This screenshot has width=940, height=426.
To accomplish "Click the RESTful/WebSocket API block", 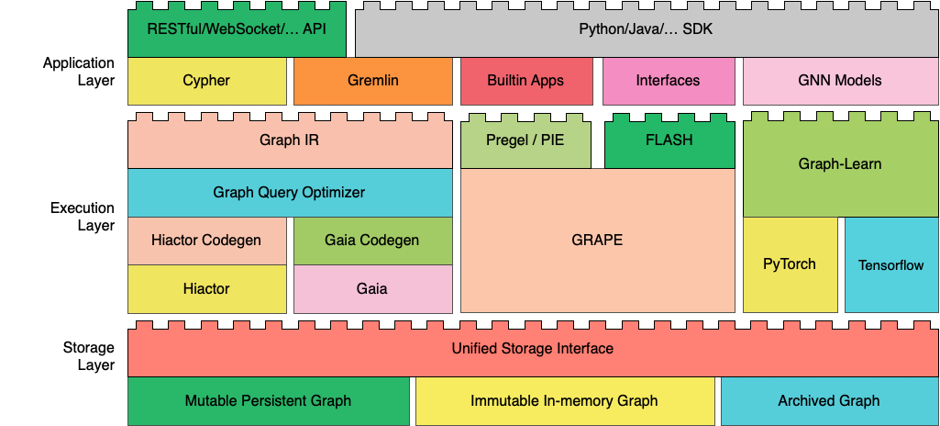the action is click(x=237, y=29).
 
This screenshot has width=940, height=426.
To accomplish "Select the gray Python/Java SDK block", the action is click(x=647, y=29).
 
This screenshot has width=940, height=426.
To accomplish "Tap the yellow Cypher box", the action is click(x=207, y=81).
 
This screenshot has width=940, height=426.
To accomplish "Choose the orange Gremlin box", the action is click(x=373, y=81).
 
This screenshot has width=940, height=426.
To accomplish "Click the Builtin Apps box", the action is click(x=526, y=81).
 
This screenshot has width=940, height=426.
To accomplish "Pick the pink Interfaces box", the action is click(x=668, y=81).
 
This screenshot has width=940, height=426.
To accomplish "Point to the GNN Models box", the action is click(x=840, y=81).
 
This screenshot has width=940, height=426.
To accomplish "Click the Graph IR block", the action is click(x=290, y=140).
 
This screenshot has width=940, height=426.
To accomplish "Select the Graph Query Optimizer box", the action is click(x=290, y=193).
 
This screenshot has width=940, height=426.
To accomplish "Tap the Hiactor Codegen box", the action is click(x=207, y=241).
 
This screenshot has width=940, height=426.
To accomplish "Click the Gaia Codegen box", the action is click(x=373, y=241).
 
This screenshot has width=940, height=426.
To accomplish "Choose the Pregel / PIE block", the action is click(x=525, y=140).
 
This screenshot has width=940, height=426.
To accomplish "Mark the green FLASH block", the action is click(x=669, y=140).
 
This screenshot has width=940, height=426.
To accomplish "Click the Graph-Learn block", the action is click(x=840, y=163).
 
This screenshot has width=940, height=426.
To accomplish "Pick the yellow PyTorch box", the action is click(x=791, y=264).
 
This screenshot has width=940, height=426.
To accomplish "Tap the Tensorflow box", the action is click(x=890, y=264).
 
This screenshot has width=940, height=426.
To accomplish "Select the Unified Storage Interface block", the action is click(x=533, y=349).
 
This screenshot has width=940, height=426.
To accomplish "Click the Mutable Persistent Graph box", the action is click(x=269, y=401).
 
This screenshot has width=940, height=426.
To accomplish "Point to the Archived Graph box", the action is click(x=829, y=401).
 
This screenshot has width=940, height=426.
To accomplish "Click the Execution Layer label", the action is click(x=83, y=217).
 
